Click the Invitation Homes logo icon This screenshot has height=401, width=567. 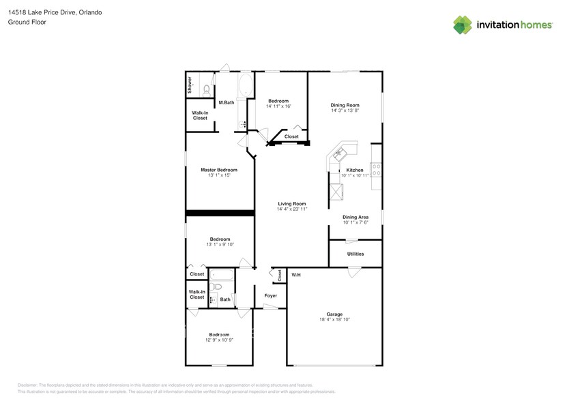click(463, 25)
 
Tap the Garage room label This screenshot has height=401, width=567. click(334, 314)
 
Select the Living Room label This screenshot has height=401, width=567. click(291, 203)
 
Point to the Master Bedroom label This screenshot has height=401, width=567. click(218, 170)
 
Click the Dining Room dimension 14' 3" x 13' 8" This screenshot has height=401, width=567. click(345, 110)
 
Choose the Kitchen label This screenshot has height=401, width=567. click(355, 170)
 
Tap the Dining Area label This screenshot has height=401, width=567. click(355, 217)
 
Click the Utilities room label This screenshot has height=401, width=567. click(355, 254)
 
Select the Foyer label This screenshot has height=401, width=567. click(270, 295)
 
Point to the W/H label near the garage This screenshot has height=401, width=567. click(296, 275)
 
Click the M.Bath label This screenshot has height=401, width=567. click(227, 103)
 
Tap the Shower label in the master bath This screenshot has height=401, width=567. click(190, 85)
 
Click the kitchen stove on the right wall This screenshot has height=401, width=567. click(376, 170)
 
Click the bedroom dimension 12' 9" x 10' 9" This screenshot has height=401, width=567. click(219, 340)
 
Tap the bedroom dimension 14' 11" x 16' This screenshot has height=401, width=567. click(278, 106)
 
